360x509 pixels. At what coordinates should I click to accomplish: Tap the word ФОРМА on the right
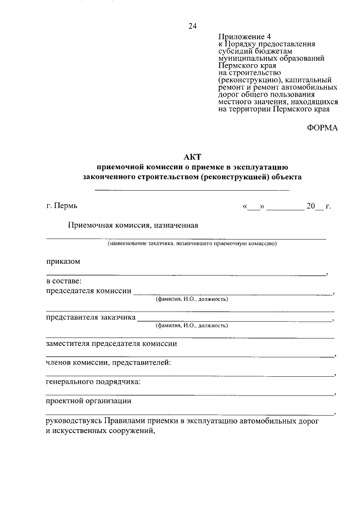(x=322, y=128)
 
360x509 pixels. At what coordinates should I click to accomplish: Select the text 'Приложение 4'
(x=241, y=36)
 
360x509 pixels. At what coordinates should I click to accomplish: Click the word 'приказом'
(x=63, y=261)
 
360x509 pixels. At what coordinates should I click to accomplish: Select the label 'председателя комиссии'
(x=88, y=291)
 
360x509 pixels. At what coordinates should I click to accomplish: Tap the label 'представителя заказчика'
(x=90, y=317)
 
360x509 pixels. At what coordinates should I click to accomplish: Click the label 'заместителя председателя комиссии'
(x=111, y=344)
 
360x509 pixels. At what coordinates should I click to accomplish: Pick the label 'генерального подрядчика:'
(x=93, y=382)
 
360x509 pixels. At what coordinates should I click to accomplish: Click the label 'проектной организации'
(x=89, y=401)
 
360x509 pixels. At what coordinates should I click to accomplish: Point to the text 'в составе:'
(x=64, y=281)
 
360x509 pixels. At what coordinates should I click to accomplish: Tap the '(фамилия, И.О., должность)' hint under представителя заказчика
(x=192, y=325)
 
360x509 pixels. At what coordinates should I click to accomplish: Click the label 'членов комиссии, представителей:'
(x=109, y=363)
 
